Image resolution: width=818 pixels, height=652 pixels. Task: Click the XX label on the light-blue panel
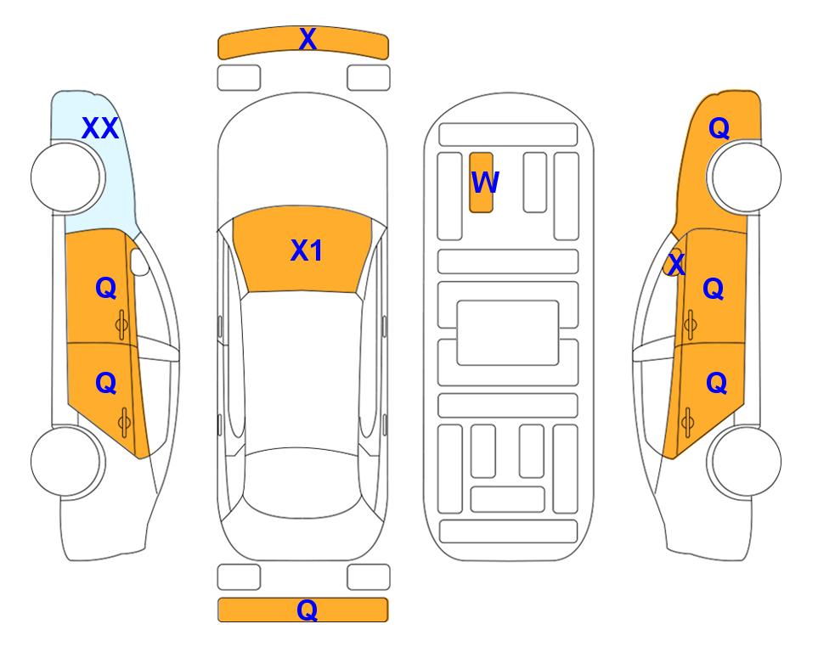coord(100,128)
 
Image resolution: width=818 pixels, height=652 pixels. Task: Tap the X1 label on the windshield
coord(307,250)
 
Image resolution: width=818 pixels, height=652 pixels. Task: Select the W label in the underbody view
coord(485,182)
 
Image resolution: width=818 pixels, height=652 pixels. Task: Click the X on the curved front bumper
coord(307,39)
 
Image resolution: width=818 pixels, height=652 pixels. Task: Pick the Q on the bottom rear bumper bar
coord(307,610)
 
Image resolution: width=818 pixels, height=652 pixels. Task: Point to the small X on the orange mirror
coord(676,263)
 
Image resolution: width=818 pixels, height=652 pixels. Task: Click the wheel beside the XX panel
coord(66,177)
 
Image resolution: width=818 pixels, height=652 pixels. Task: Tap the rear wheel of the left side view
coord(66,461)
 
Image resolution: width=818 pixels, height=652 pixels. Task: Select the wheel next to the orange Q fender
coord(746,177)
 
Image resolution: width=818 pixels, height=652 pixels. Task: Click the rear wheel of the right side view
coord(746,461)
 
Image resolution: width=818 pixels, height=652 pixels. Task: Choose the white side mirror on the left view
coord(138,261)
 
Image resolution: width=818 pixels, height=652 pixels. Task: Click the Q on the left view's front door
coord(106,288)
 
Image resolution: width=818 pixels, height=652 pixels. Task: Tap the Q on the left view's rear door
coord(106,384)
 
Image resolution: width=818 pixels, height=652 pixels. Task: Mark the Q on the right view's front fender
coord(719,128)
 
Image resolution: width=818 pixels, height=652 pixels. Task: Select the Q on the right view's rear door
coord(716,384)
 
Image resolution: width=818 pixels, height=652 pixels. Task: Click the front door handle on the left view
coord(121,324)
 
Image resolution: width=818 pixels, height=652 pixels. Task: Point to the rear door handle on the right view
coord(687,421)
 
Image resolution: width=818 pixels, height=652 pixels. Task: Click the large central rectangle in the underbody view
coord(508,333)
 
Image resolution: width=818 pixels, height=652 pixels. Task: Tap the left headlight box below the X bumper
coord(239,78)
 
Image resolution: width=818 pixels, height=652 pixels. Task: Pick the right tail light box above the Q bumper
coord(369,577)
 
